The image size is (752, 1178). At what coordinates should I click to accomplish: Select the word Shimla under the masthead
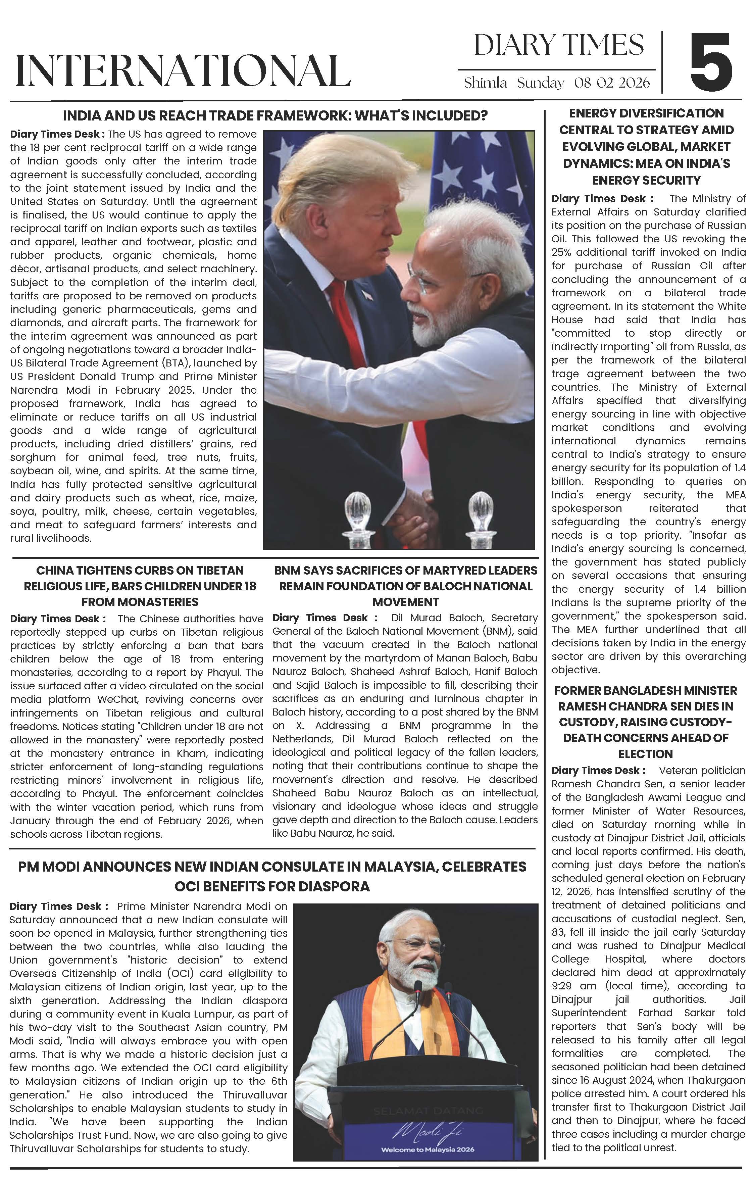click(x=485, y=83)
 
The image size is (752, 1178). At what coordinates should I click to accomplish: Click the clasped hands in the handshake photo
click(x=415, y=514)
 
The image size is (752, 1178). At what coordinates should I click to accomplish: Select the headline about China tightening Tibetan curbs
click(x=140, y=586)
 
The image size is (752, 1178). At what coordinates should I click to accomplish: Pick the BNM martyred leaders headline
click(x=406, y=586)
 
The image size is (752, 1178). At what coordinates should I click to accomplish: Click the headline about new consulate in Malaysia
click(x=272, y=876)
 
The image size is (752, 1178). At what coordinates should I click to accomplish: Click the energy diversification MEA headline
click(x=646, y=146)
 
